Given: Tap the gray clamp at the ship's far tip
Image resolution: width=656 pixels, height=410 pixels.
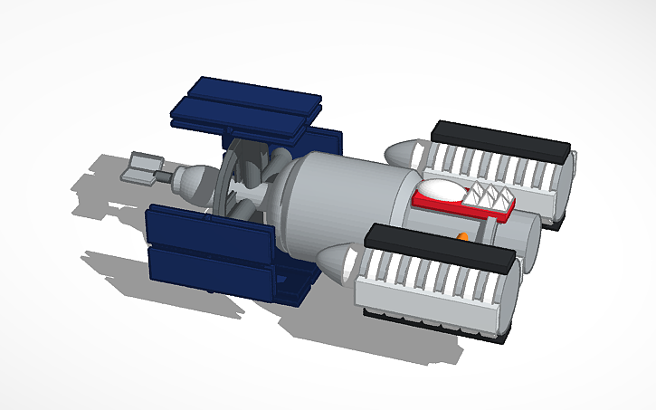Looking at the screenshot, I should pyautogui.click(x=143, y=167).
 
